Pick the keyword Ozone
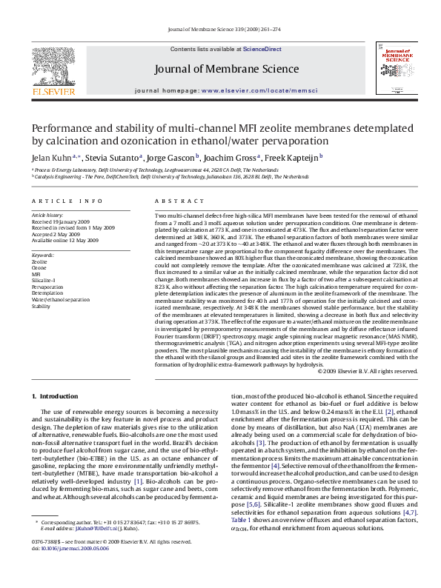(41, 267)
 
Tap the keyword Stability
(42, 305)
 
